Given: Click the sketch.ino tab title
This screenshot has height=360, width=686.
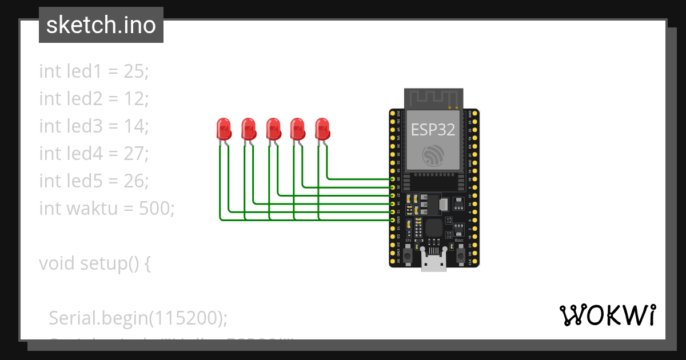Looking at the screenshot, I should [x=101, y=25].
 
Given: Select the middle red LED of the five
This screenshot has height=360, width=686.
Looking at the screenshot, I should [x=273, y=129].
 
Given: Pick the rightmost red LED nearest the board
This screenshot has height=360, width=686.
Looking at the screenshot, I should [x=322, y=129].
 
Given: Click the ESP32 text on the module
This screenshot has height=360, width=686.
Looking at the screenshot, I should [x=433, y=130].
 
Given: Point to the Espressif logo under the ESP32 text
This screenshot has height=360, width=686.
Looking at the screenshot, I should [x=433, y=155].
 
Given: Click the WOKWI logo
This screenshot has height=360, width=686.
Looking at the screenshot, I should [x=607, y=315].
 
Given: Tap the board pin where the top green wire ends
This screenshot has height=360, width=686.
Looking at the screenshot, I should [x=393, y=179].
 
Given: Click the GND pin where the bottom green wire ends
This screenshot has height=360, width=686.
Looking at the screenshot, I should [x=393, y=219].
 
